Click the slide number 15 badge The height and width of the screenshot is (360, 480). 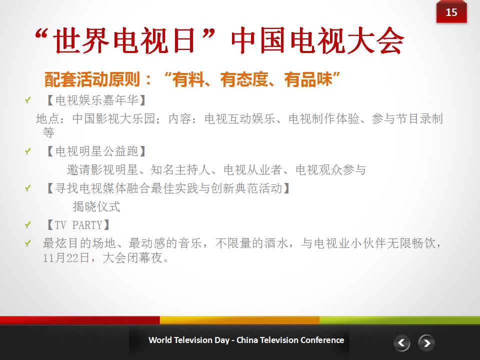(451, 11)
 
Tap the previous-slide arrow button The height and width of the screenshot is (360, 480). (401, 343)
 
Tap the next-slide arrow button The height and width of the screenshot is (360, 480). (426, 343)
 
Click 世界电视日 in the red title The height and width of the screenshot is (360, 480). (124, 40)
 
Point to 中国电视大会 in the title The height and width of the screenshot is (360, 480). (318, 40)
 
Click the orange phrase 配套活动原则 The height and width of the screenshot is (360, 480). (92, 79)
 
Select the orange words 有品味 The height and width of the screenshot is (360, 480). (308, 79)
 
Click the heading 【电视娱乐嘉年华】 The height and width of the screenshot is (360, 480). (96, 100)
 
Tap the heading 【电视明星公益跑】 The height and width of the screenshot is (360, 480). (96, 151)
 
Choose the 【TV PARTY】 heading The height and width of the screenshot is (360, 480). (78, 225)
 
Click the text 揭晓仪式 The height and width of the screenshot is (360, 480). (96, 206)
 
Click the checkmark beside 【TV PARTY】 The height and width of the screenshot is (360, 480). (28, 225)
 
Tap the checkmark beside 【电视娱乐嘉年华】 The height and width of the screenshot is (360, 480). (28, 100)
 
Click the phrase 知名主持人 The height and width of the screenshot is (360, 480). (180, 169)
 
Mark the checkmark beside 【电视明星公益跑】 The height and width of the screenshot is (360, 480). (28, 151)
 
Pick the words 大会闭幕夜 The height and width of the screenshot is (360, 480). (132, 258)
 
